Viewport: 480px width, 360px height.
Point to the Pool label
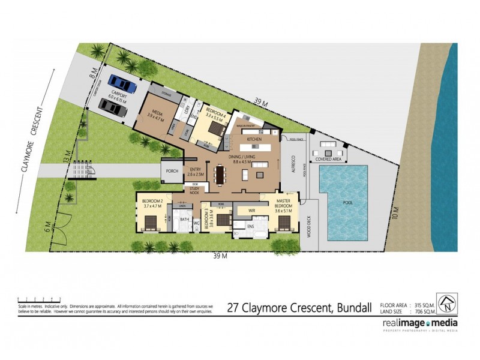click(346, 202)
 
